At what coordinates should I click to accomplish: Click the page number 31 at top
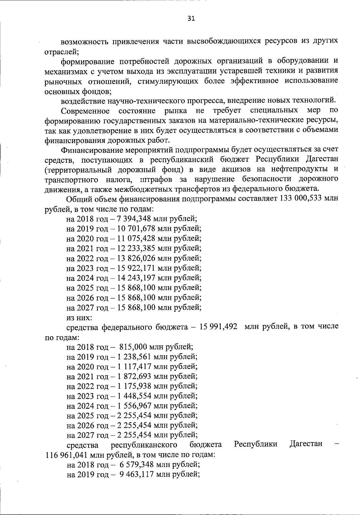[191, 19]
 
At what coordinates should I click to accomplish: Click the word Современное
[85, 111]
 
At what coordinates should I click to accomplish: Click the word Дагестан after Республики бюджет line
[306, 444]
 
